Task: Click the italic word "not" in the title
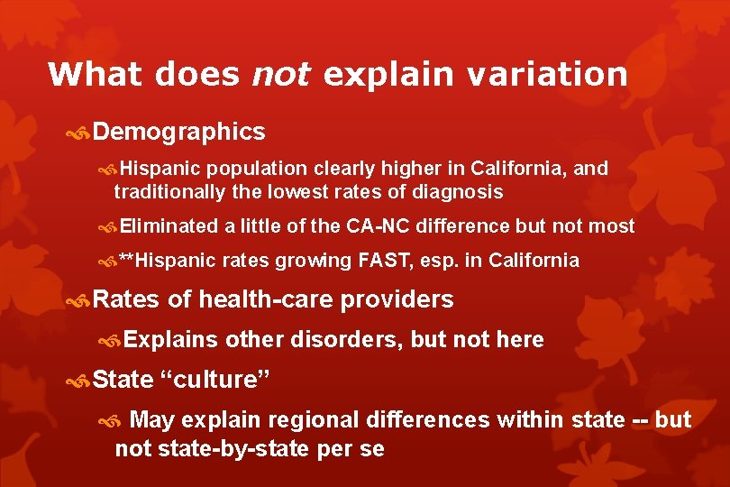[x=279, y=74]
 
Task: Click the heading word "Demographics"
[x=178, y=133]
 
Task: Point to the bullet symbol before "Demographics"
[x=78, y=133]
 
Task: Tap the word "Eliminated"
[x=169, y=226]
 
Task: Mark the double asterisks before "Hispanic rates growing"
[x=127, y=261]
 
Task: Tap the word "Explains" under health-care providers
[x=171, y=340]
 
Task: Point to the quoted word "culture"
[x=215, y=381]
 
